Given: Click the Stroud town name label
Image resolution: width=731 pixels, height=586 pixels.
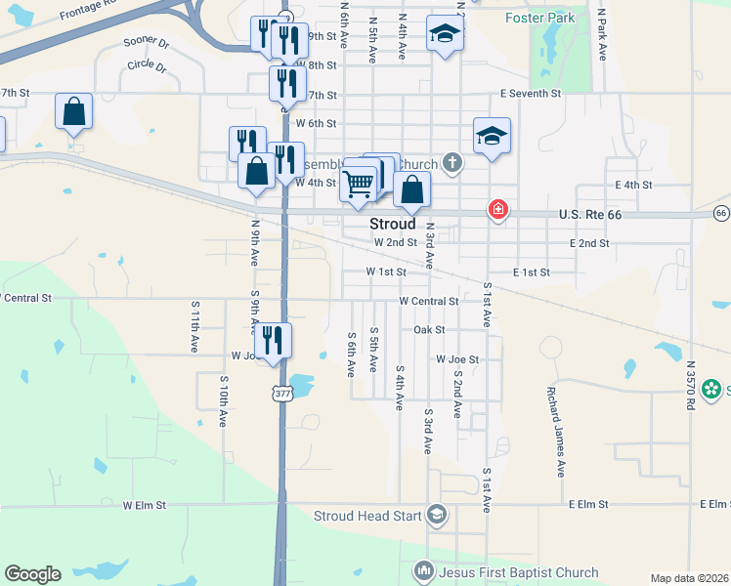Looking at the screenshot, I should [x=393, y=224].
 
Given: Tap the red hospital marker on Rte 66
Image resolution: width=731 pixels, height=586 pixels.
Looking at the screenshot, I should [x=497, y=210].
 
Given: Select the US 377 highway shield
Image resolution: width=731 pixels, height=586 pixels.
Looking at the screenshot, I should [x=281, y=394].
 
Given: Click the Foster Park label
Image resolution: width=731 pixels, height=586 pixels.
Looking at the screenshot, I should [x=538, y=18].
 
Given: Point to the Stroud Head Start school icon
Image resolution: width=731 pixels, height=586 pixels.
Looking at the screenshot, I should [x=436, y=515].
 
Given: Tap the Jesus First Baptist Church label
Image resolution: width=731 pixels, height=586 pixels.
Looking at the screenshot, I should [x=519, y=571].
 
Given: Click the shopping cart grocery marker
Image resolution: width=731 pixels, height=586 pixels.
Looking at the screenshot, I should [x=359, y=182].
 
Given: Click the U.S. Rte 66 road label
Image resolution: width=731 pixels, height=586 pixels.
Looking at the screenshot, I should [x=590, y=215].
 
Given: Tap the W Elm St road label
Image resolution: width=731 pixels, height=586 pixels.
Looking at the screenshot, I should [x=145, y=506].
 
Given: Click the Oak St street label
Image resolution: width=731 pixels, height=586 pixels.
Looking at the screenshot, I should [x=429, y=330].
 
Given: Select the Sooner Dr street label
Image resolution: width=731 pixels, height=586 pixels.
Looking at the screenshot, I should [x=147, y=44].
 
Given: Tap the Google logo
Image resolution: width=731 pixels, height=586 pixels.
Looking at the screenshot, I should [x=32, y=574].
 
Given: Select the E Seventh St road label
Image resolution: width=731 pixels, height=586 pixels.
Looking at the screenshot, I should [x=530, y=94].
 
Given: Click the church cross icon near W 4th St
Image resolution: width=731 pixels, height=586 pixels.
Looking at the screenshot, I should [x=451, y=162].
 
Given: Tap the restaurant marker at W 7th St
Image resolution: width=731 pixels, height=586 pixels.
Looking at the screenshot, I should [x=287, y=83].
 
